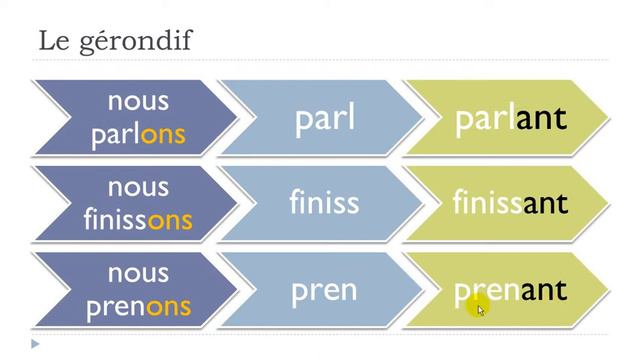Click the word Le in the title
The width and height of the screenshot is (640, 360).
[x=52, y=41]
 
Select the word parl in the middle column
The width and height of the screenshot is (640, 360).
[x=325, y=118]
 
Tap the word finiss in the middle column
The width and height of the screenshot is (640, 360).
[x=324, y=203]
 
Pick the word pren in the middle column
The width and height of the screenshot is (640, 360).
[x=324, y=290]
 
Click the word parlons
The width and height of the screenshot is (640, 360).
[x=138, y=134]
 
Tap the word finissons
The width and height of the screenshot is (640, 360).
[x=138, y=219]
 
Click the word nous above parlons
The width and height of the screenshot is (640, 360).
[x=138, y=101]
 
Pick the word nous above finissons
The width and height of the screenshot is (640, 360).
[x=138, y=187]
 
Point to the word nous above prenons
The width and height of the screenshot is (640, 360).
[x=138, y=273]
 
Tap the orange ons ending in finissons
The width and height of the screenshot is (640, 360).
[x=170, y=219]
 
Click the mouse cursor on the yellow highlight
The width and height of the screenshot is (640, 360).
[x=480, y=310]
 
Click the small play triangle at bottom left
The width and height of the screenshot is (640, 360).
[x=35, y=344]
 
